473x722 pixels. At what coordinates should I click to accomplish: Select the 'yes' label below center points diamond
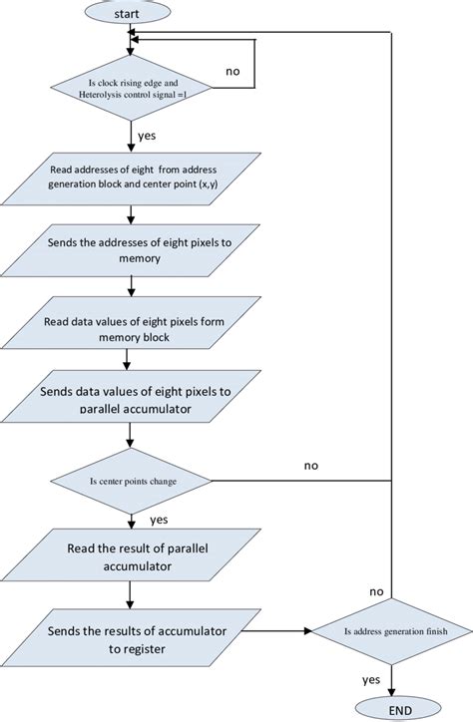point(158,520)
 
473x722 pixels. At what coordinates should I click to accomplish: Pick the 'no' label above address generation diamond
point(376,591)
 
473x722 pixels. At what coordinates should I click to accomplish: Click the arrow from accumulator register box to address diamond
point(269,630)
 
